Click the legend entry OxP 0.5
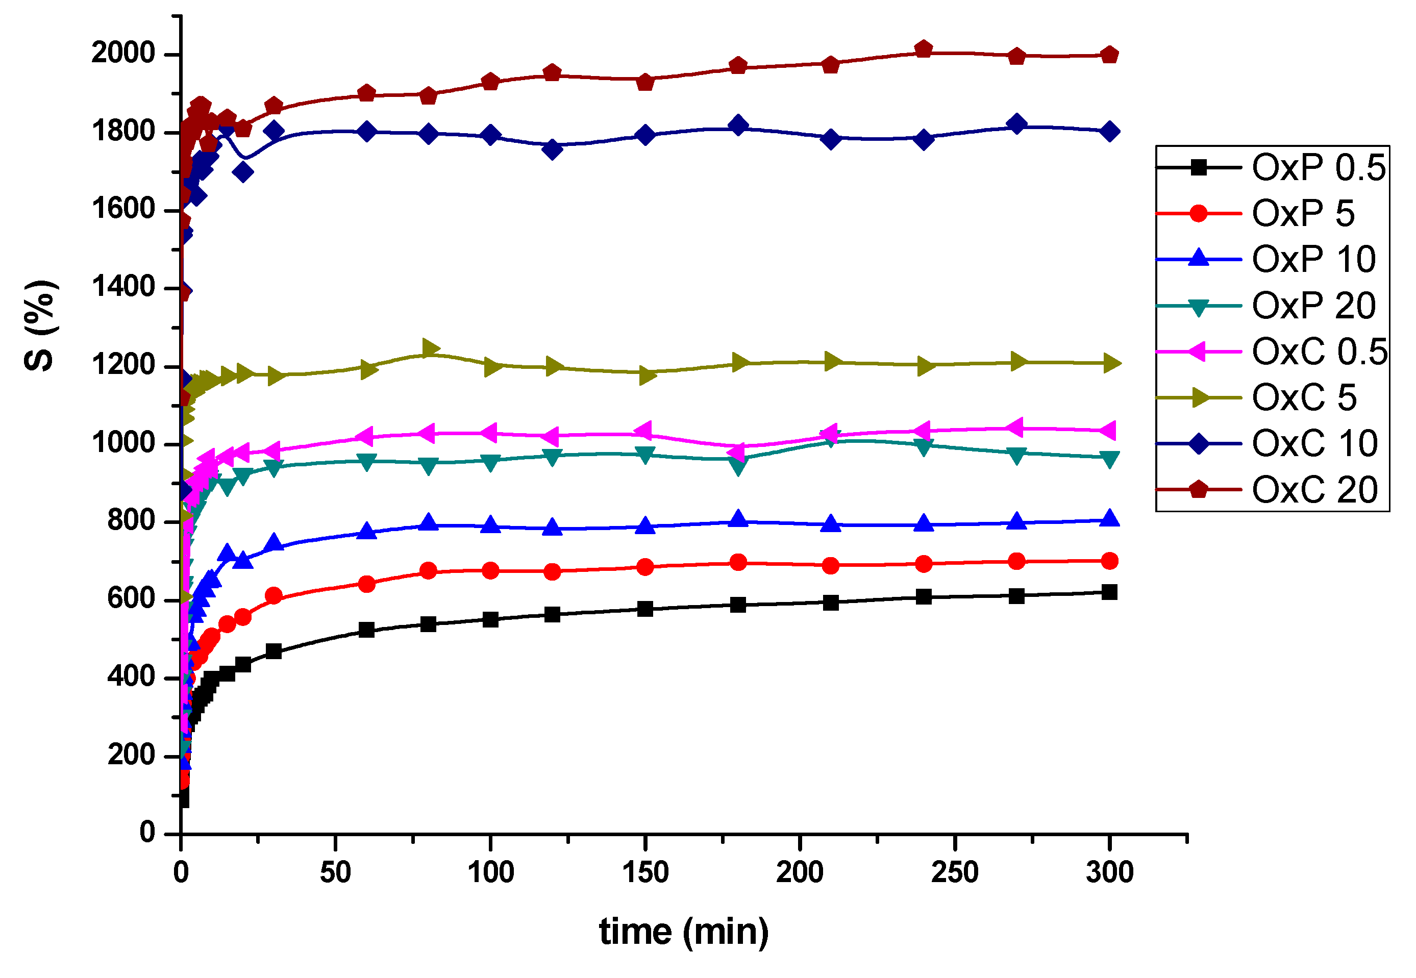tap(1318, 167)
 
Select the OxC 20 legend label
tap(1314, 490)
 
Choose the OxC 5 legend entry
tap(1304, 398)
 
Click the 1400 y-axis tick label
tap(123, 287)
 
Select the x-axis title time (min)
tap(683, 932)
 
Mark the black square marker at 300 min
tap(1109, 592)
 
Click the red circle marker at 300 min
tap(1109, 561)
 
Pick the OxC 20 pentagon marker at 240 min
tap(924, 49)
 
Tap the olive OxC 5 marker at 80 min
tap(430, 348)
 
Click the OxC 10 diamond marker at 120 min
tap(553, 149)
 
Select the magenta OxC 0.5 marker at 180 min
tap(737, 452)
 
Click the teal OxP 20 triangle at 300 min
tap(1109, 460)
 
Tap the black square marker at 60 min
tap(366, 630)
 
